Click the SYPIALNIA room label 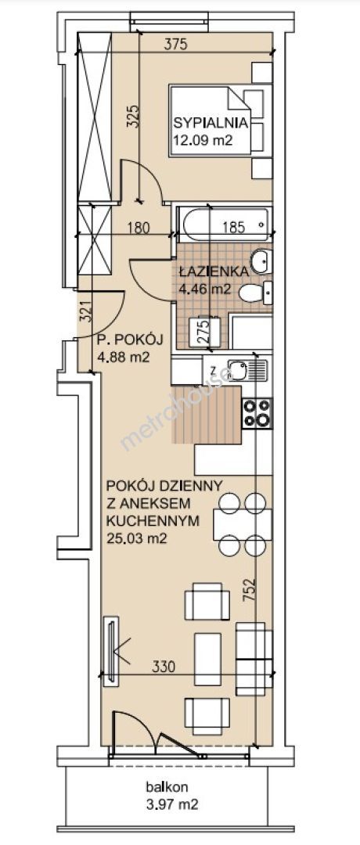click(x=211, y=122)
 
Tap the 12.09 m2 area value click(x=202, y=141)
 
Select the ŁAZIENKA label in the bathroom click(x=214, y=271)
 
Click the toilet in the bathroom click(x=257, y=293)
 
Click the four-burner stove click(x=257, y=413)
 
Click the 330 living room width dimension click(x=164, y=667)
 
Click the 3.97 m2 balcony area click(x=171, y=805)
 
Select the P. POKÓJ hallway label click(x=129, y=340)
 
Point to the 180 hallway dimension click(x=139, y=228)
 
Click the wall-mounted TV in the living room click(x=112, y=650)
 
